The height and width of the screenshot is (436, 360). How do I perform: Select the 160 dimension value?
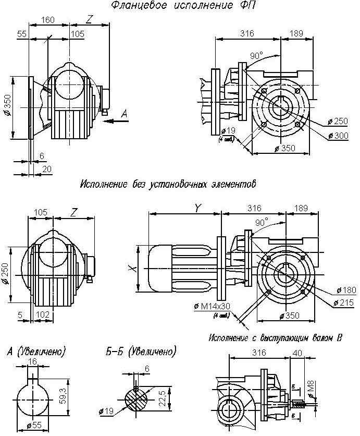coord(48,20)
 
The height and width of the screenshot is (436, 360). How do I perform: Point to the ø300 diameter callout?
coord(338,136)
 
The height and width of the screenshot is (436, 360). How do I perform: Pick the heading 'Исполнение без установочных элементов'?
coord(169,184)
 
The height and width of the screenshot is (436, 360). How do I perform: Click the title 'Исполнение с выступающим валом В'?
coord(276,337)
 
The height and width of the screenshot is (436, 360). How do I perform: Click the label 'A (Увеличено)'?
coord(40,352)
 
